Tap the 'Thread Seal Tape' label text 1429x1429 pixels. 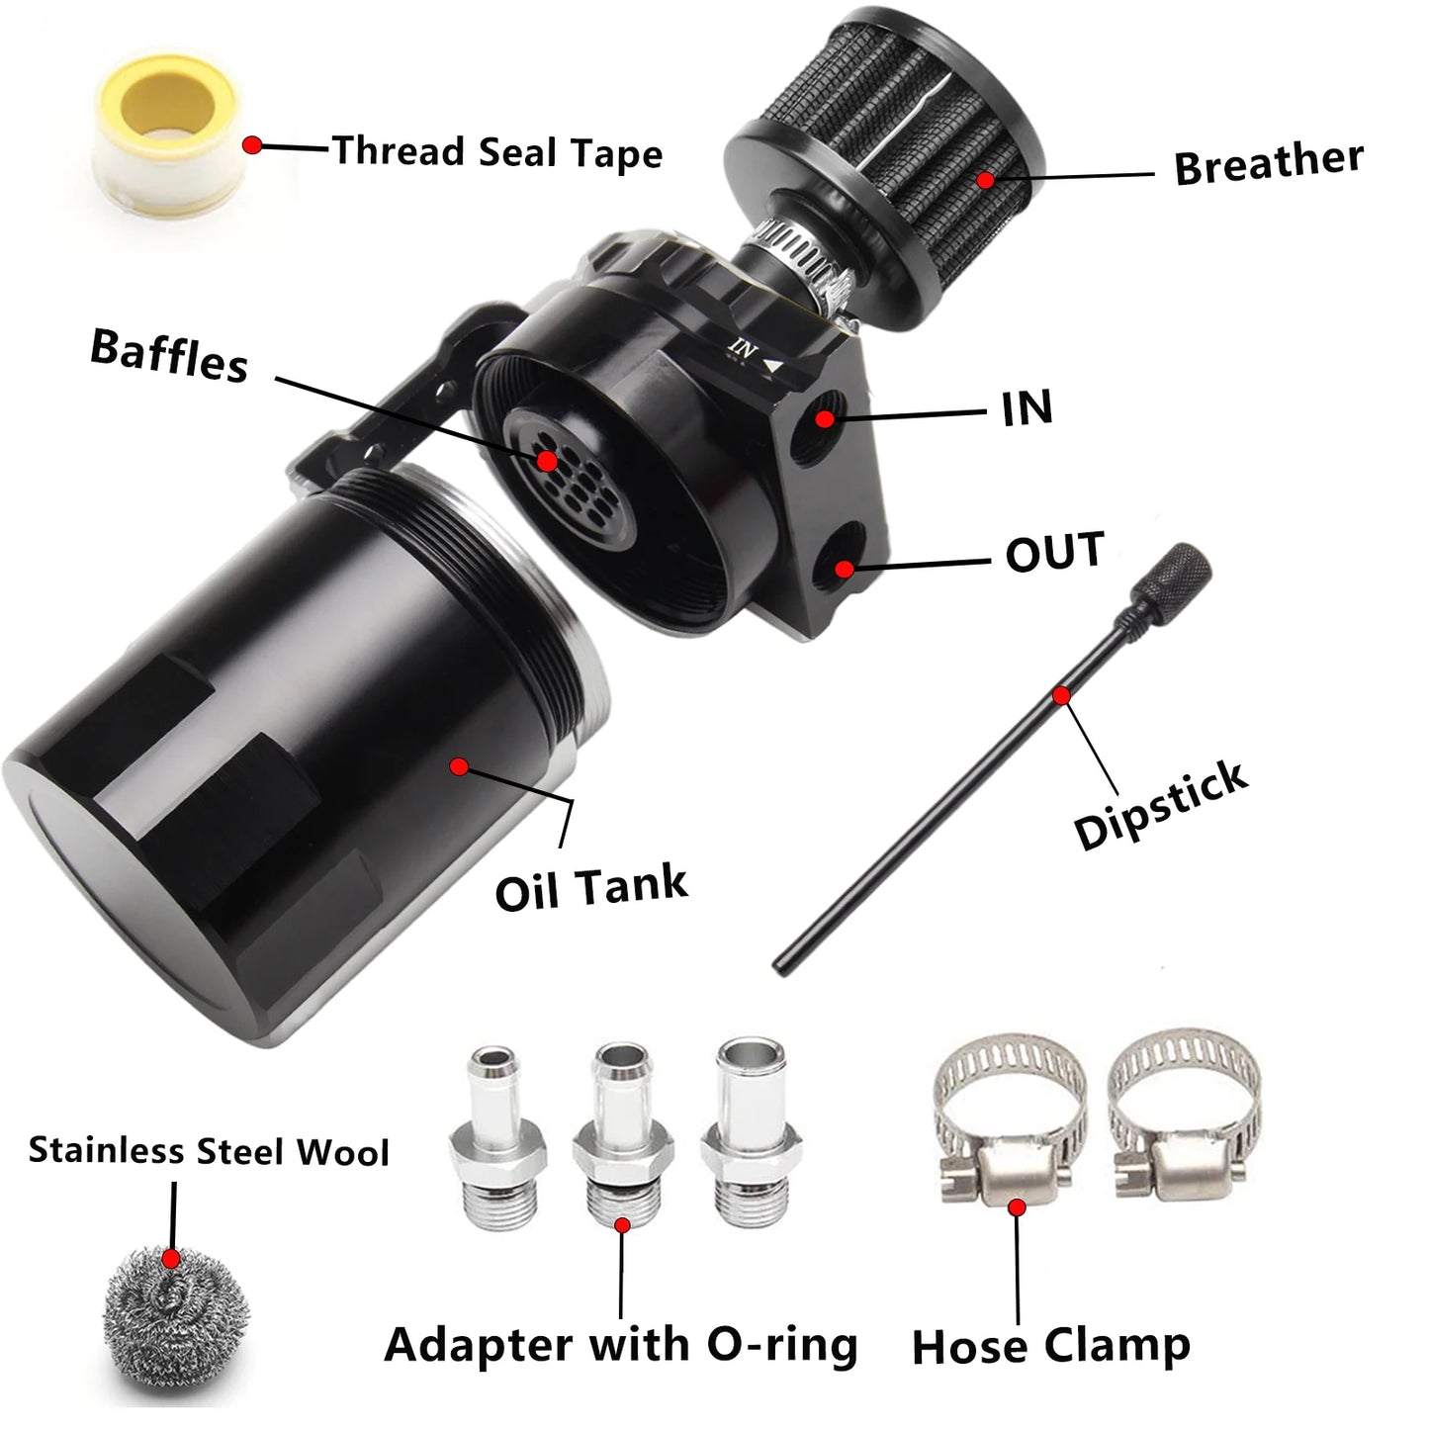[x=496, y=152]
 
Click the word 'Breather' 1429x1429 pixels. [x=1268, y=163]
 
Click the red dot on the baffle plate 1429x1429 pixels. [x=546, y=461]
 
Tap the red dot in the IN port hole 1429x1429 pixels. [x=824, y=418]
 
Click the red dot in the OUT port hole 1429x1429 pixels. [x=843, y=569]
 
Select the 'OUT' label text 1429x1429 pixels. [x=1054, y=552]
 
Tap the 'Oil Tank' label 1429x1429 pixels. [x=591, y=886]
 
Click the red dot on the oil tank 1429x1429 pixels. [x=458, y=766]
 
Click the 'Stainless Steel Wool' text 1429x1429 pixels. [x=209, y=1151]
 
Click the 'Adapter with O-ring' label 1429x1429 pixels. [x=620, y=1344]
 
